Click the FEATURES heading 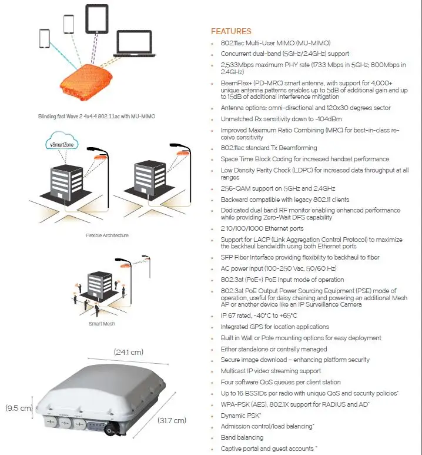[231, 31]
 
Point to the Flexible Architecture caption [108, 235]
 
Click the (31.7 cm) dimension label [172, 420]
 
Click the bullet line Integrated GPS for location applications [274, 327]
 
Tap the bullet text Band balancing [242, 437]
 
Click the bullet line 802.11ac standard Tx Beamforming [269, 148]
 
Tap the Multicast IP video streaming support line [270, 371]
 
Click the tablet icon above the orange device [97, 18]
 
